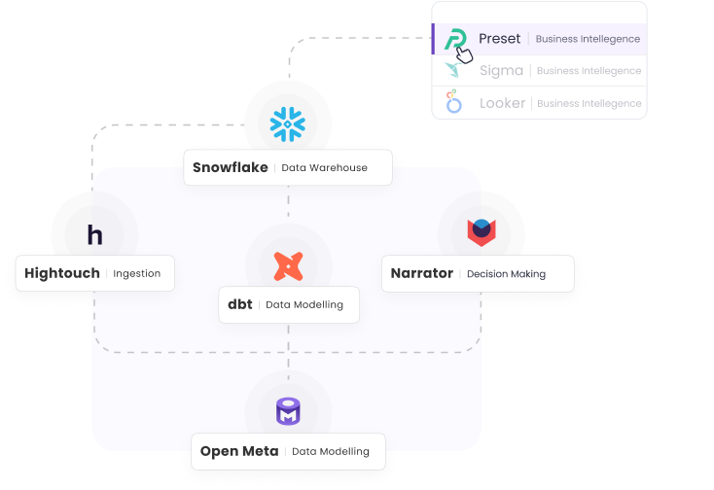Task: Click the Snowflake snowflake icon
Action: click(288, 122)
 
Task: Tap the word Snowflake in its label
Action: click(230, 167)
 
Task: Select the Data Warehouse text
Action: click(324, 168)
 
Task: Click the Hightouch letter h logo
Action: click(94, 235)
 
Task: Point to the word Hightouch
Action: click(62, 273)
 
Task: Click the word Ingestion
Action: click(136, 274)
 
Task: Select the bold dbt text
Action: click(239, 304)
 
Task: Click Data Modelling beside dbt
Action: click(304, 305)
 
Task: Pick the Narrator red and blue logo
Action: click(482, 231)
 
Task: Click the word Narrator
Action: click(421, 273)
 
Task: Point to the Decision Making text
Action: click(506, 274)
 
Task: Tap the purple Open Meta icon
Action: click(288, 412)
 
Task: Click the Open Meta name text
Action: click(239, 451)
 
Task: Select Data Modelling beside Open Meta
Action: click(331, 452)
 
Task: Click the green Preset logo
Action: click(454, 39)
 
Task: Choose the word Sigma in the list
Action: click(501, 71)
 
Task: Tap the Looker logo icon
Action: click(454, 102)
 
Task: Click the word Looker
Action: click(502, 103)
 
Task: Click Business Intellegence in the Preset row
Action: click(589, 40)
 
